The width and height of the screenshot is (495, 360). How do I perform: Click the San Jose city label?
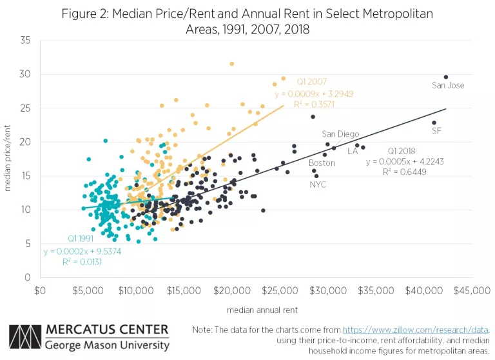click(x=448, y=85)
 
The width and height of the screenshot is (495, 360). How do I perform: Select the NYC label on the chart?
click(x=318, y=185)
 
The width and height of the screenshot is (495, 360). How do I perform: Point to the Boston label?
click(x=322, y=163)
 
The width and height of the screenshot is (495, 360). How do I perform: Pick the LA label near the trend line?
click(x=353, y=151)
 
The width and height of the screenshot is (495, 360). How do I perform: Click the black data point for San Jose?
click(x=445, y=77)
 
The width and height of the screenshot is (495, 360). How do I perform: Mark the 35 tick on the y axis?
click(x=26, y=40)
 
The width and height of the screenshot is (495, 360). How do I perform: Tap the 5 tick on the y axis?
click(x=28, y=243)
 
